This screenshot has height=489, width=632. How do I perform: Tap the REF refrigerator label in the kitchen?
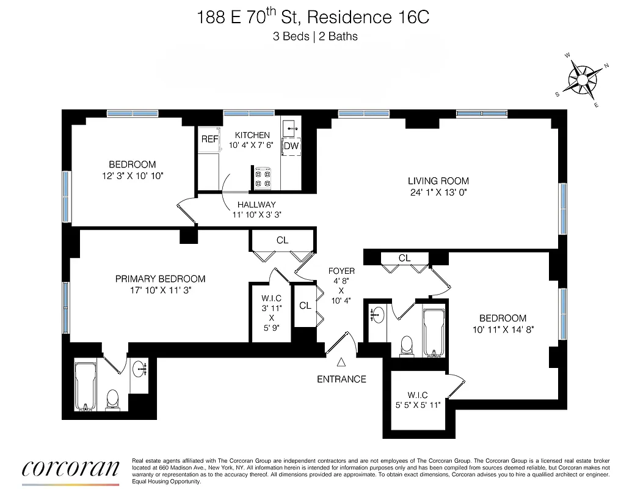[209, 139]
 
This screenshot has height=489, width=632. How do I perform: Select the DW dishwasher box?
[291, 147]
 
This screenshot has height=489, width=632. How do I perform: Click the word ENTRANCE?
[341, 379]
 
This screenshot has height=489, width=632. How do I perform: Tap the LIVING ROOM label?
[438, 180]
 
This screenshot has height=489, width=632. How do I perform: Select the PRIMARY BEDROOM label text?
[160, 279]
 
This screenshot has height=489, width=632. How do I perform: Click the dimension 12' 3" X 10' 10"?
[133, 175]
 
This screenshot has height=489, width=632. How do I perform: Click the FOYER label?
[341, 271]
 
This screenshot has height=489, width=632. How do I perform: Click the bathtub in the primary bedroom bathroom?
[85, 386]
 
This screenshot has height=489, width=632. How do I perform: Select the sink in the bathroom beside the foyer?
[377, 316]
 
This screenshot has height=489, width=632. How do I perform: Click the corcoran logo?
[70, 469]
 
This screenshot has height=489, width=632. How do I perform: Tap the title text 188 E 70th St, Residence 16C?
[313, 17]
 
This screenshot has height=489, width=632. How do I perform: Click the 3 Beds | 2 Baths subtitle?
[315, 36]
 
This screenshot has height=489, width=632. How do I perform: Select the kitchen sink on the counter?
[290, 127]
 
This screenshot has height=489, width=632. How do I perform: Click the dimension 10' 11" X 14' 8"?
[503, 331]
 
